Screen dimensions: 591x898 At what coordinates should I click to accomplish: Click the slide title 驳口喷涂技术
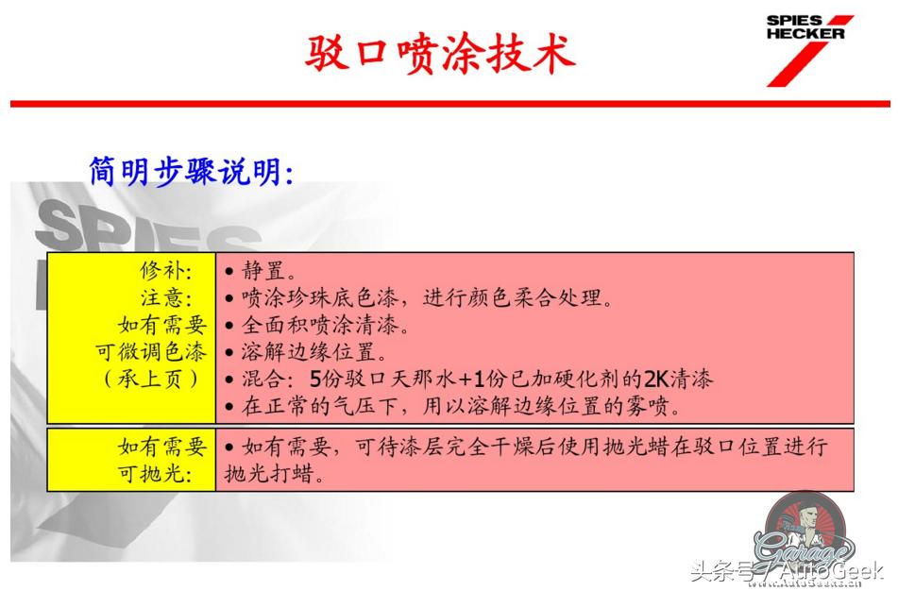coord(440,54)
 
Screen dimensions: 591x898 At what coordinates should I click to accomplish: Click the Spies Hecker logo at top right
coord(807,47)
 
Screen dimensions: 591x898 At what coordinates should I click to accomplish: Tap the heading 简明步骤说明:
coord(192,171)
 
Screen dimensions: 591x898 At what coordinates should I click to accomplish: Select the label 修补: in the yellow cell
coord(166,272)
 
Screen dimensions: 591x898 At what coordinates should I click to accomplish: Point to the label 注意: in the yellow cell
coord(166,298)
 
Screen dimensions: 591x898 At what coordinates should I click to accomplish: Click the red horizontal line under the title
coord(449,103)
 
